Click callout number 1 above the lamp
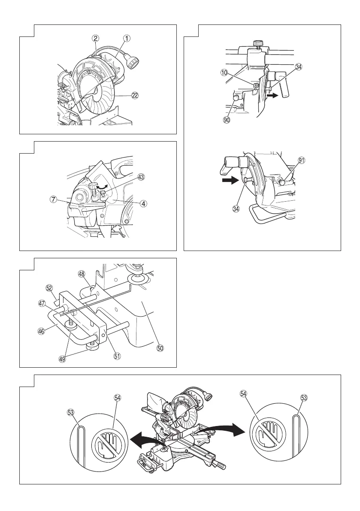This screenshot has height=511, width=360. point(127,38)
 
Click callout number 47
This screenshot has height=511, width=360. point(42,303)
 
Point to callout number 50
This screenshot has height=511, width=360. point(160,348)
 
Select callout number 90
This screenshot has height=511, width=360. point(227,120)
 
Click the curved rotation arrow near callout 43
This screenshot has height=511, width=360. point(103,187)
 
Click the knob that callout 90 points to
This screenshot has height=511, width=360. point(236,98)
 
